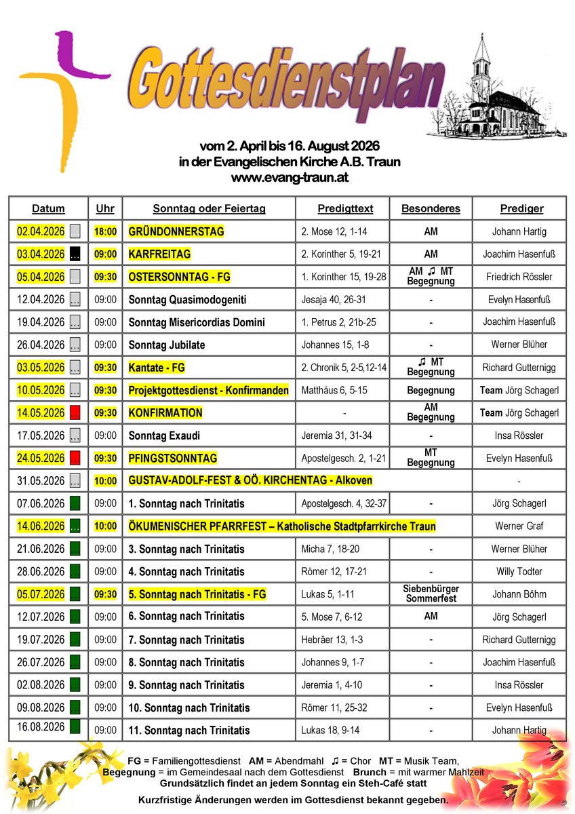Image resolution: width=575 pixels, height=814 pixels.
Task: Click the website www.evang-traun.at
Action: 290,178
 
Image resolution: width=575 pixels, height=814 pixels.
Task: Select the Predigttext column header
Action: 345,209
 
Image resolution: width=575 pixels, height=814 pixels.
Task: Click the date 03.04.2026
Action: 41,254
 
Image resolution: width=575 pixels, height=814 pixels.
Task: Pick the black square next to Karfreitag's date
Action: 75,254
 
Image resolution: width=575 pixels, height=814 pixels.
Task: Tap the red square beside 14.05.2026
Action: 75,413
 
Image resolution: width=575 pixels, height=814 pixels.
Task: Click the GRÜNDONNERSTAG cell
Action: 176,232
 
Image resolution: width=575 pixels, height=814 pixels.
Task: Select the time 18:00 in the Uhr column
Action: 105,232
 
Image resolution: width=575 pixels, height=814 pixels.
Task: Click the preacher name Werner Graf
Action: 519,526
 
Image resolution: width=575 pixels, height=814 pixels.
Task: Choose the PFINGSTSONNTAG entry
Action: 174,459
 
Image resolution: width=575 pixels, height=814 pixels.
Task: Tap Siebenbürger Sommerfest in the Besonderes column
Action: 431,594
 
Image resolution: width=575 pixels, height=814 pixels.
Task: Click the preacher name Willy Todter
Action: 519,572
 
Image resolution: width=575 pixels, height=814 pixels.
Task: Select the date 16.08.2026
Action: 41,727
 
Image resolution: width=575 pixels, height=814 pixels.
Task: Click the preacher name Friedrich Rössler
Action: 519,277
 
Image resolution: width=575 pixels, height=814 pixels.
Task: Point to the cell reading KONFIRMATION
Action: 165,413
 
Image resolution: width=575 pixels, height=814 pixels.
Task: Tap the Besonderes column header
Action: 431,209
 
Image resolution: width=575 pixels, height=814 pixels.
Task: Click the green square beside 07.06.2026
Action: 75,503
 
